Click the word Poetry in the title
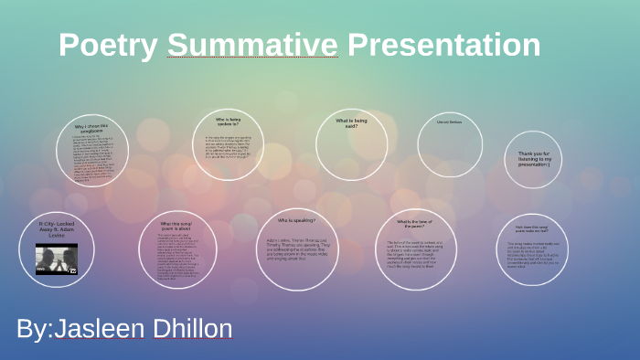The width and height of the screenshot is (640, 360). tap(109, 45)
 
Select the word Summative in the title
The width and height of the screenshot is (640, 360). tap(252, 45)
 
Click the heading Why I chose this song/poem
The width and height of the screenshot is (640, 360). tap(91, 129)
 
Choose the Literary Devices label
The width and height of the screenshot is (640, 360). tap(450, 122)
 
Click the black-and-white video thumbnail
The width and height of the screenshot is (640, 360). tap(57, 259)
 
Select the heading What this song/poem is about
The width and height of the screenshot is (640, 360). tap(176, 225)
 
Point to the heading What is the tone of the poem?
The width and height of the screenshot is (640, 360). tap(414, 224)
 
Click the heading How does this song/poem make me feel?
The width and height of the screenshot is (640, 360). tap(533, 228)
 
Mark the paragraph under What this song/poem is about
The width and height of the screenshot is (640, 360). tap(176, 260)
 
